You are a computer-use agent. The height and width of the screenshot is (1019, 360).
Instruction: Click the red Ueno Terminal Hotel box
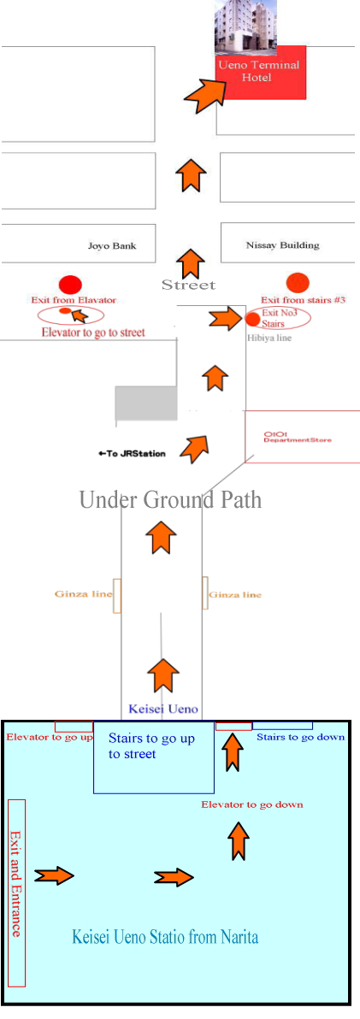click(262, 73)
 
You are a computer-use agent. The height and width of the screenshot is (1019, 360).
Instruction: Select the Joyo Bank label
click(112, 246)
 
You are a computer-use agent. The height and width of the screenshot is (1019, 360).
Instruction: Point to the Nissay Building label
click(283, 245)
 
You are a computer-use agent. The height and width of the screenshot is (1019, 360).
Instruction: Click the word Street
click(188, 286)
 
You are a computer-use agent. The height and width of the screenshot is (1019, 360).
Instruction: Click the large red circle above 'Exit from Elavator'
click(70, 285)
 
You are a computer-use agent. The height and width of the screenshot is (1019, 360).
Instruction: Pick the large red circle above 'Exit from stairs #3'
click(298, 283)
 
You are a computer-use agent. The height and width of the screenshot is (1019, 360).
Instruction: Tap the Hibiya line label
click(269, 338)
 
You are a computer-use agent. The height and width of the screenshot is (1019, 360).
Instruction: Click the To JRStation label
click(132, 454)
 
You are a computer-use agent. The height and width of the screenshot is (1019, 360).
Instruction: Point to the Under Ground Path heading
click(170, 500)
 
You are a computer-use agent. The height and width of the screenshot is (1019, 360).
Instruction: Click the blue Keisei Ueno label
click(163, 709)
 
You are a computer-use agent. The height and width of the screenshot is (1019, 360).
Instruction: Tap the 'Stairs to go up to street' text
click(151, 746)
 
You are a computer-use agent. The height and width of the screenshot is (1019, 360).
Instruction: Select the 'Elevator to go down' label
click(252, 804)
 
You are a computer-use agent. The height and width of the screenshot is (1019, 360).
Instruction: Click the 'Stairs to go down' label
click(301, 737)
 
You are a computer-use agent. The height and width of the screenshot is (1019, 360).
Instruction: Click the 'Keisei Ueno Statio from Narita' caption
click(165, 937)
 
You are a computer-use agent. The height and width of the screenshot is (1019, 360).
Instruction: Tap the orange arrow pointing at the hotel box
click(204, 92)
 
